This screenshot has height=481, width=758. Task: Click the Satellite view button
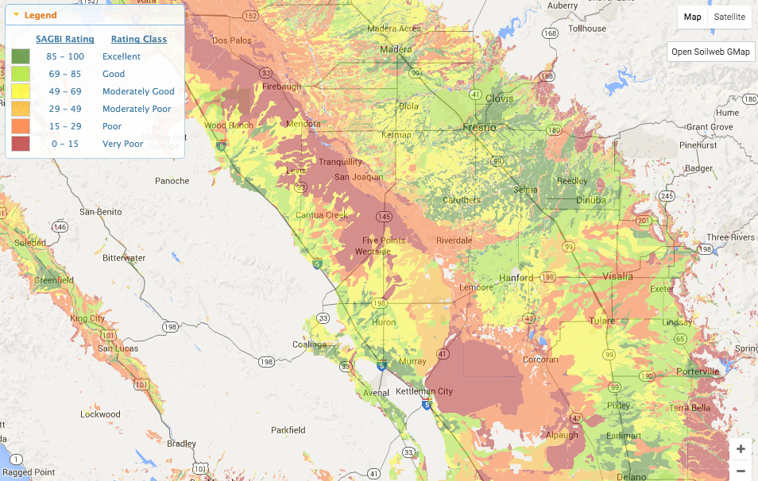(729, 17)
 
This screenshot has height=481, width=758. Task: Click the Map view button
(693, 17)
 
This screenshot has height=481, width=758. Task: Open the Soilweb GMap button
(710, 52)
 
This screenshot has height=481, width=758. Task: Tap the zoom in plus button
(741, 449)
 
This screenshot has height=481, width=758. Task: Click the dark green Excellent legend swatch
(21, 56)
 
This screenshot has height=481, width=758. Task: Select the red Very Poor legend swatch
(21, 144)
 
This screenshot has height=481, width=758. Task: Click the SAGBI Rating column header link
(65, 39)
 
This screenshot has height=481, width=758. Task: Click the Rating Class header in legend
(138, 39)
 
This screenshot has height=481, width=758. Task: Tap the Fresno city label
(480, 127)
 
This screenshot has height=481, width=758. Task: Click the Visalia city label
(618, 276)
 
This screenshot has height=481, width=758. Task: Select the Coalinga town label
(309, 344)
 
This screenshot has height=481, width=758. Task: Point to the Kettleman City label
(424, 391)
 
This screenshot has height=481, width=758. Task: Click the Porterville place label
(697, 371)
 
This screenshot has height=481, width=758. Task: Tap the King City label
(87, 318)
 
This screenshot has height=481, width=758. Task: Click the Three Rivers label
(730, 237)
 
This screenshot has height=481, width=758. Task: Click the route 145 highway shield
(384, 216)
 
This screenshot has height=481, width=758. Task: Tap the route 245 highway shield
(667, 196)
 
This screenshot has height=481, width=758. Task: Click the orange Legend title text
(40, 15)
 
